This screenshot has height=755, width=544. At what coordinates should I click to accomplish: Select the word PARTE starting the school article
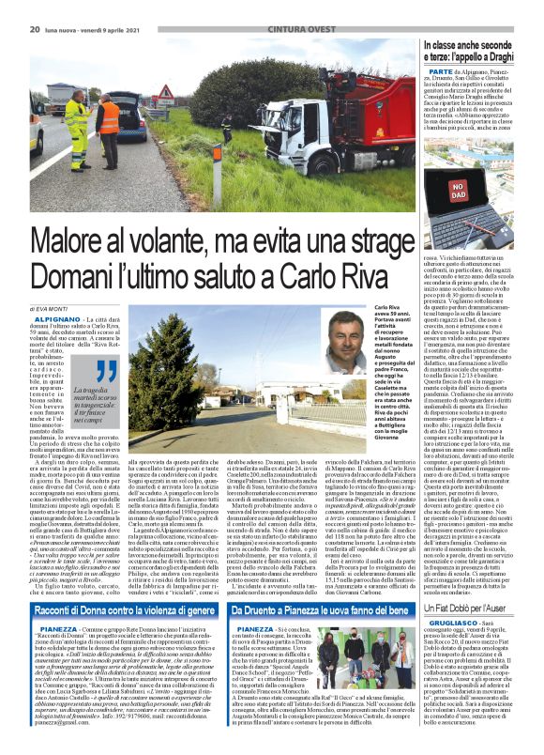(440, 71)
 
